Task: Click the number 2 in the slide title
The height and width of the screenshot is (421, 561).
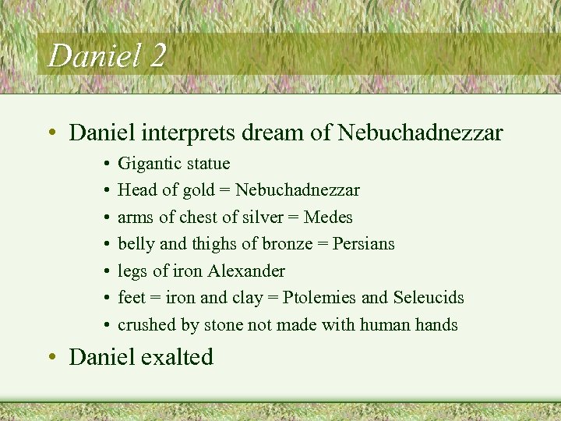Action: (155, 56)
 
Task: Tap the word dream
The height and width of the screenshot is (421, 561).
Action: (273, 133)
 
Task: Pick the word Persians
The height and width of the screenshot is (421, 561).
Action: (363, 244)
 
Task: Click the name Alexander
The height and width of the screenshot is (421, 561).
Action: (246, 271)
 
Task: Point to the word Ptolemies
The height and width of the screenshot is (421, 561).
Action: (319, 298)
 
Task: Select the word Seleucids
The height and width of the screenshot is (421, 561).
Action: (429, 298)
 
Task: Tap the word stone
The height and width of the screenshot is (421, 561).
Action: (228, 324)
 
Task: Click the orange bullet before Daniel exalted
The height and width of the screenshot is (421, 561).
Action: (52, 357)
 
